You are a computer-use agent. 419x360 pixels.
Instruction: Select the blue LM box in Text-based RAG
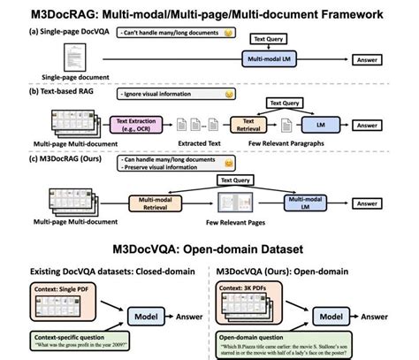coord(314,125)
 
